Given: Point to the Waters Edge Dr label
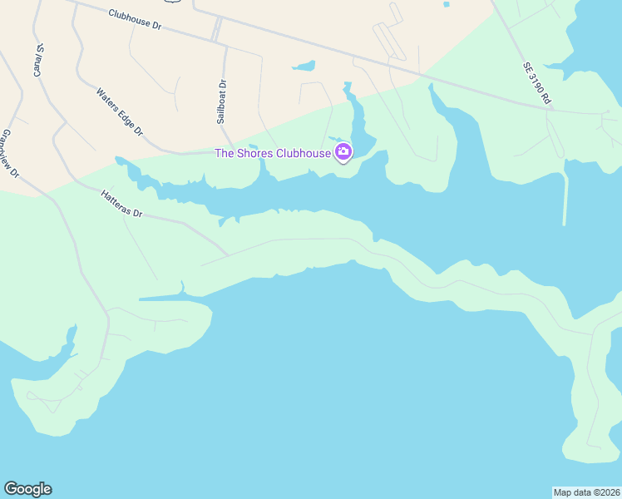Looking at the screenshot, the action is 121,112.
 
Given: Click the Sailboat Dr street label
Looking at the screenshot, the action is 222,101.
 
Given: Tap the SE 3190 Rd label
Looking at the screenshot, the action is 537,83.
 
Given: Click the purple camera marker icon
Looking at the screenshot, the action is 343,151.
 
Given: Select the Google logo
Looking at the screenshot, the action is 27,489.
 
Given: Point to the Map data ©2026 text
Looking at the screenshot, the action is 587,492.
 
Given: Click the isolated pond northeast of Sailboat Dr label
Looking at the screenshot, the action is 304,66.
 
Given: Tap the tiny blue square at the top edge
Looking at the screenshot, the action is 447,4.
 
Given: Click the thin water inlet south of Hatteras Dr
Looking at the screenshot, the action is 162,297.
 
